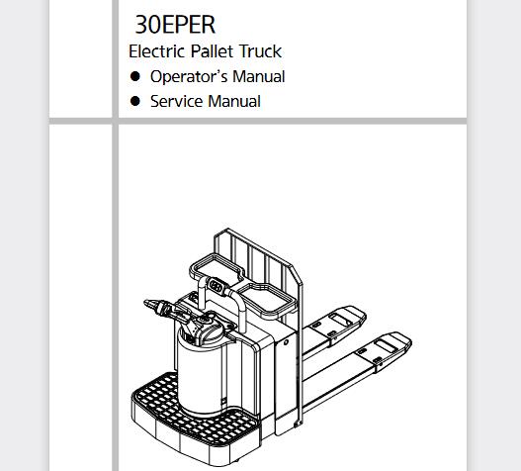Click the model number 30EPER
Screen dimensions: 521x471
click(175, 25)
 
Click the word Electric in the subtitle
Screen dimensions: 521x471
click(156, 51)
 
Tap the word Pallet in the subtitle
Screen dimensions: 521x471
click(212, 51)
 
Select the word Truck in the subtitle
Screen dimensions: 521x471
click(261, 51)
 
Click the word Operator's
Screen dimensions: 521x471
click(189, 77)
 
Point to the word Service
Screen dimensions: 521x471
click(176, 101)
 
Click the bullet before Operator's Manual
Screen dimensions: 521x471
click(134, 76)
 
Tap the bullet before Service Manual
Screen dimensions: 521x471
click(134, 101)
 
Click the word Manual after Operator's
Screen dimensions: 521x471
click(258, 76)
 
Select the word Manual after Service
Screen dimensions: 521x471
click(234, 101)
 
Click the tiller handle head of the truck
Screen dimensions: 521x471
click(163, 309)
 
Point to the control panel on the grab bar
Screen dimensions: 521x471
click(216, 286)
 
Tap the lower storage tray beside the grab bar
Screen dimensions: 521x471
click(266, 299)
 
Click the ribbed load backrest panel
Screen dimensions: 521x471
click(259, 286)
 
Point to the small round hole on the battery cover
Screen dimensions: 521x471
click(286, 342)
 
